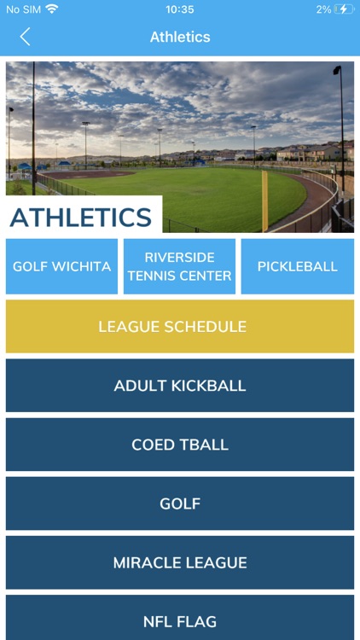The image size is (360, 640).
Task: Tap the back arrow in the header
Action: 25,37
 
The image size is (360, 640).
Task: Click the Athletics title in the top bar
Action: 180,37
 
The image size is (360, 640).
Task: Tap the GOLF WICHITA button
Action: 61,266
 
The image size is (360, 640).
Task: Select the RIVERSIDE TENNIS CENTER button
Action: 179,266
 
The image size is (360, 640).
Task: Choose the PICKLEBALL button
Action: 297,266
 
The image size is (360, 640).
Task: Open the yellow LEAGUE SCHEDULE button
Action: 180,326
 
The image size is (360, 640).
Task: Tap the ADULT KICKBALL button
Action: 180,386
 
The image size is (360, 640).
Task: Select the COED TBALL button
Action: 180,445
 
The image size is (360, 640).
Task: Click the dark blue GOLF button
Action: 180,503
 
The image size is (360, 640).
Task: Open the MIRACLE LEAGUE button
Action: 180,562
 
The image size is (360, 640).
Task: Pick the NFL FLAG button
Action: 180,621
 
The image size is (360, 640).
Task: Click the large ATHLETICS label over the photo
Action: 81,218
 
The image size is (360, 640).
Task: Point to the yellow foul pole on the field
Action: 264,201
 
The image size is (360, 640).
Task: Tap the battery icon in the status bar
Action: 344,9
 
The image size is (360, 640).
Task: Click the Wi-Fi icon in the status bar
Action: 52,9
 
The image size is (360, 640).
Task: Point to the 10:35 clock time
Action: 180,9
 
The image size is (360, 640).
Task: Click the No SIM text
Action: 23,9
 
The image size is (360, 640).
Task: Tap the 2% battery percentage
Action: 323,9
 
